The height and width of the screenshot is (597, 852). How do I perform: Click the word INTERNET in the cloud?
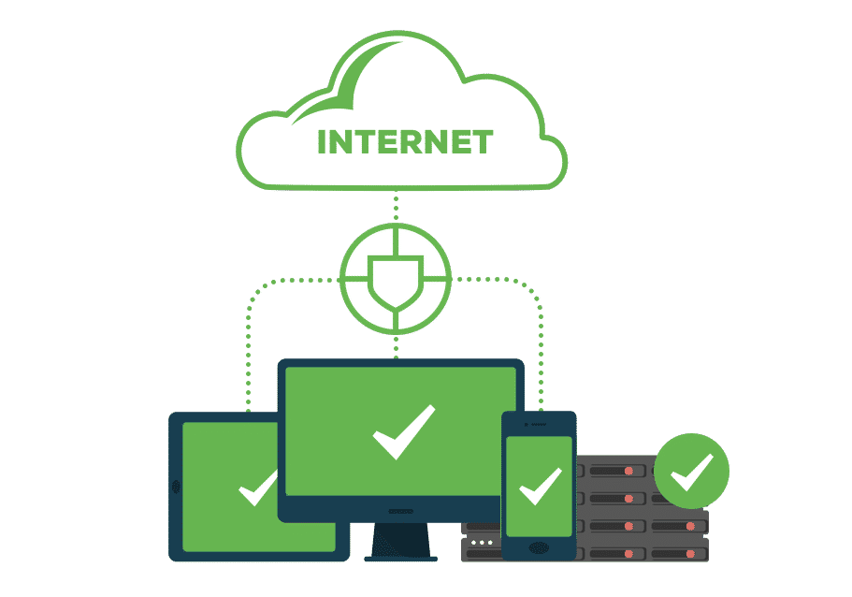click(x=404, y=142)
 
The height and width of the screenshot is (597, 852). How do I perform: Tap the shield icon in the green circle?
click(x=396, y=278)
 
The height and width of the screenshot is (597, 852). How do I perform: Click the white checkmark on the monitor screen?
click(x=403, y=431)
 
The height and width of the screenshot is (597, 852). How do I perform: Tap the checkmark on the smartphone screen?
click(x=540, y=486)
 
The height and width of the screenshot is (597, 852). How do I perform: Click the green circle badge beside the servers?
click(x=691, y=471)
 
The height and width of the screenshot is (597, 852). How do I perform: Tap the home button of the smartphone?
click(x=539, y=547)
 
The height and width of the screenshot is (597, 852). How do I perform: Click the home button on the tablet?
click(x=176, y=487)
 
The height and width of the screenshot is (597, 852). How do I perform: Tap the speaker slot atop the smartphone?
click(x=540, y=423)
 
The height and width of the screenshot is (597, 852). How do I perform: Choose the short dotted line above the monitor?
click(x=396, y=344)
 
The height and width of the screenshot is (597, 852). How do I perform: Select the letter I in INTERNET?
click(x=323, y=142)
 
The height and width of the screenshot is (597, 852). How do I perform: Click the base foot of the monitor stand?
click(x=400, y=558)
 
